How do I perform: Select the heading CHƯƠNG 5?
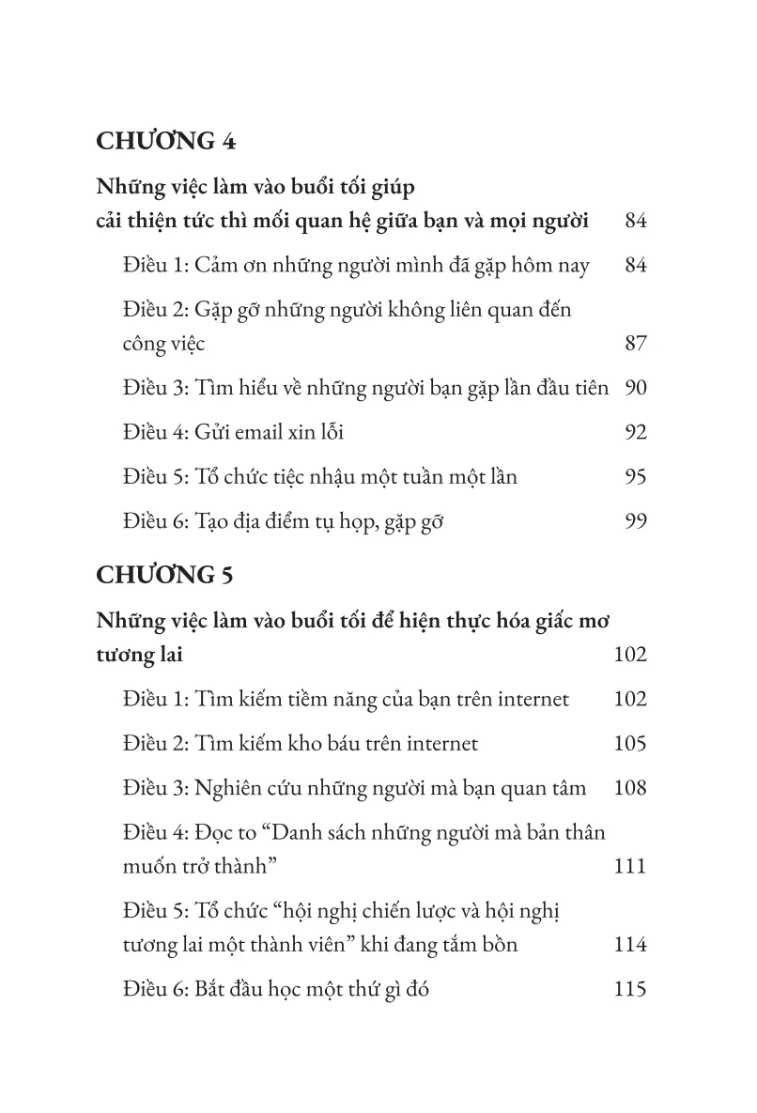tap(165, 575)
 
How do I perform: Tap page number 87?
tap(636, 344)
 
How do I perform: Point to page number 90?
tap(636, 388)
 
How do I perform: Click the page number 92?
tap(636, 433)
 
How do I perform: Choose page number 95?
tap(636, 477)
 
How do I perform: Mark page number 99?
tap(636, 521)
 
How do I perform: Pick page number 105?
tap(629, 744)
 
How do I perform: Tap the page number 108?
tap(629, 788)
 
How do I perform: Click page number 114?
tap(629, 945)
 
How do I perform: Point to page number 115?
tap(629, 989)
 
